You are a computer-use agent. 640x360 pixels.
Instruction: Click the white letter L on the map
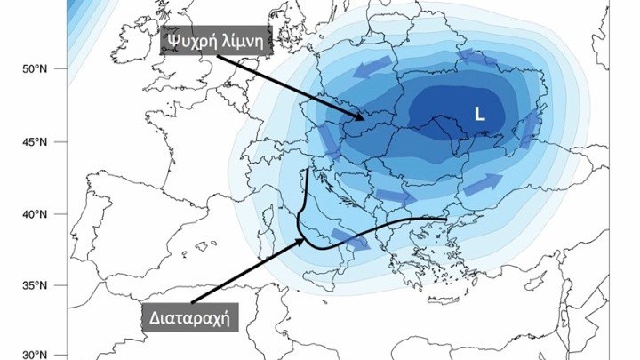pyautogui.click(x=479, y=114)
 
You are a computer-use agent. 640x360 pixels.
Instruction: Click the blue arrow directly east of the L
pyautogui.click(x=530, y=130)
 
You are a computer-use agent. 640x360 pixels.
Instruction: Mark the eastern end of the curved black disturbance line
pyautogui.click(x=445, y=218)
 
